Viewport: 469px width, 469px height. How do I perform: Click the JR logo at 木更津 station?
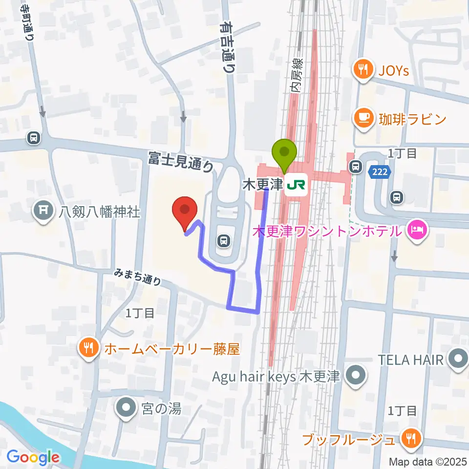click(x=296, y=185)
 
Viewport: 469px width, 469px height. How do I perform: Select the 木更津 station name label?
click(x=263, y=185)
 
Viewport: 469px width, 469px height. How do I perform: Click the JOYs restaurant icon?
click(x=362, y=70)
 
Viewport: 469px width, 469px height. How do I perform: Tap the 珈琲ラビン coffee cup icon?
click(x=362, y=118)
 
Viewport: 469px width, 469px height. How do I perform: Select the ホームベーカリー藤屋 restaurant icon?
click(x=88, y=348)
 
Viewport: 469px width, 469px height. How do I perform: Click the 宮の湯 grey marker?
click(x=126, y=407)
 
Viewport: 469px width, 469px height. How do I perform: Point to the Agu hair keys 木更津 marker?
click(x=356, y=377)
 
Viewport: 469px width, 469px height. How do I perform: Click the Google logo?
click(x=33, y=457)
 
